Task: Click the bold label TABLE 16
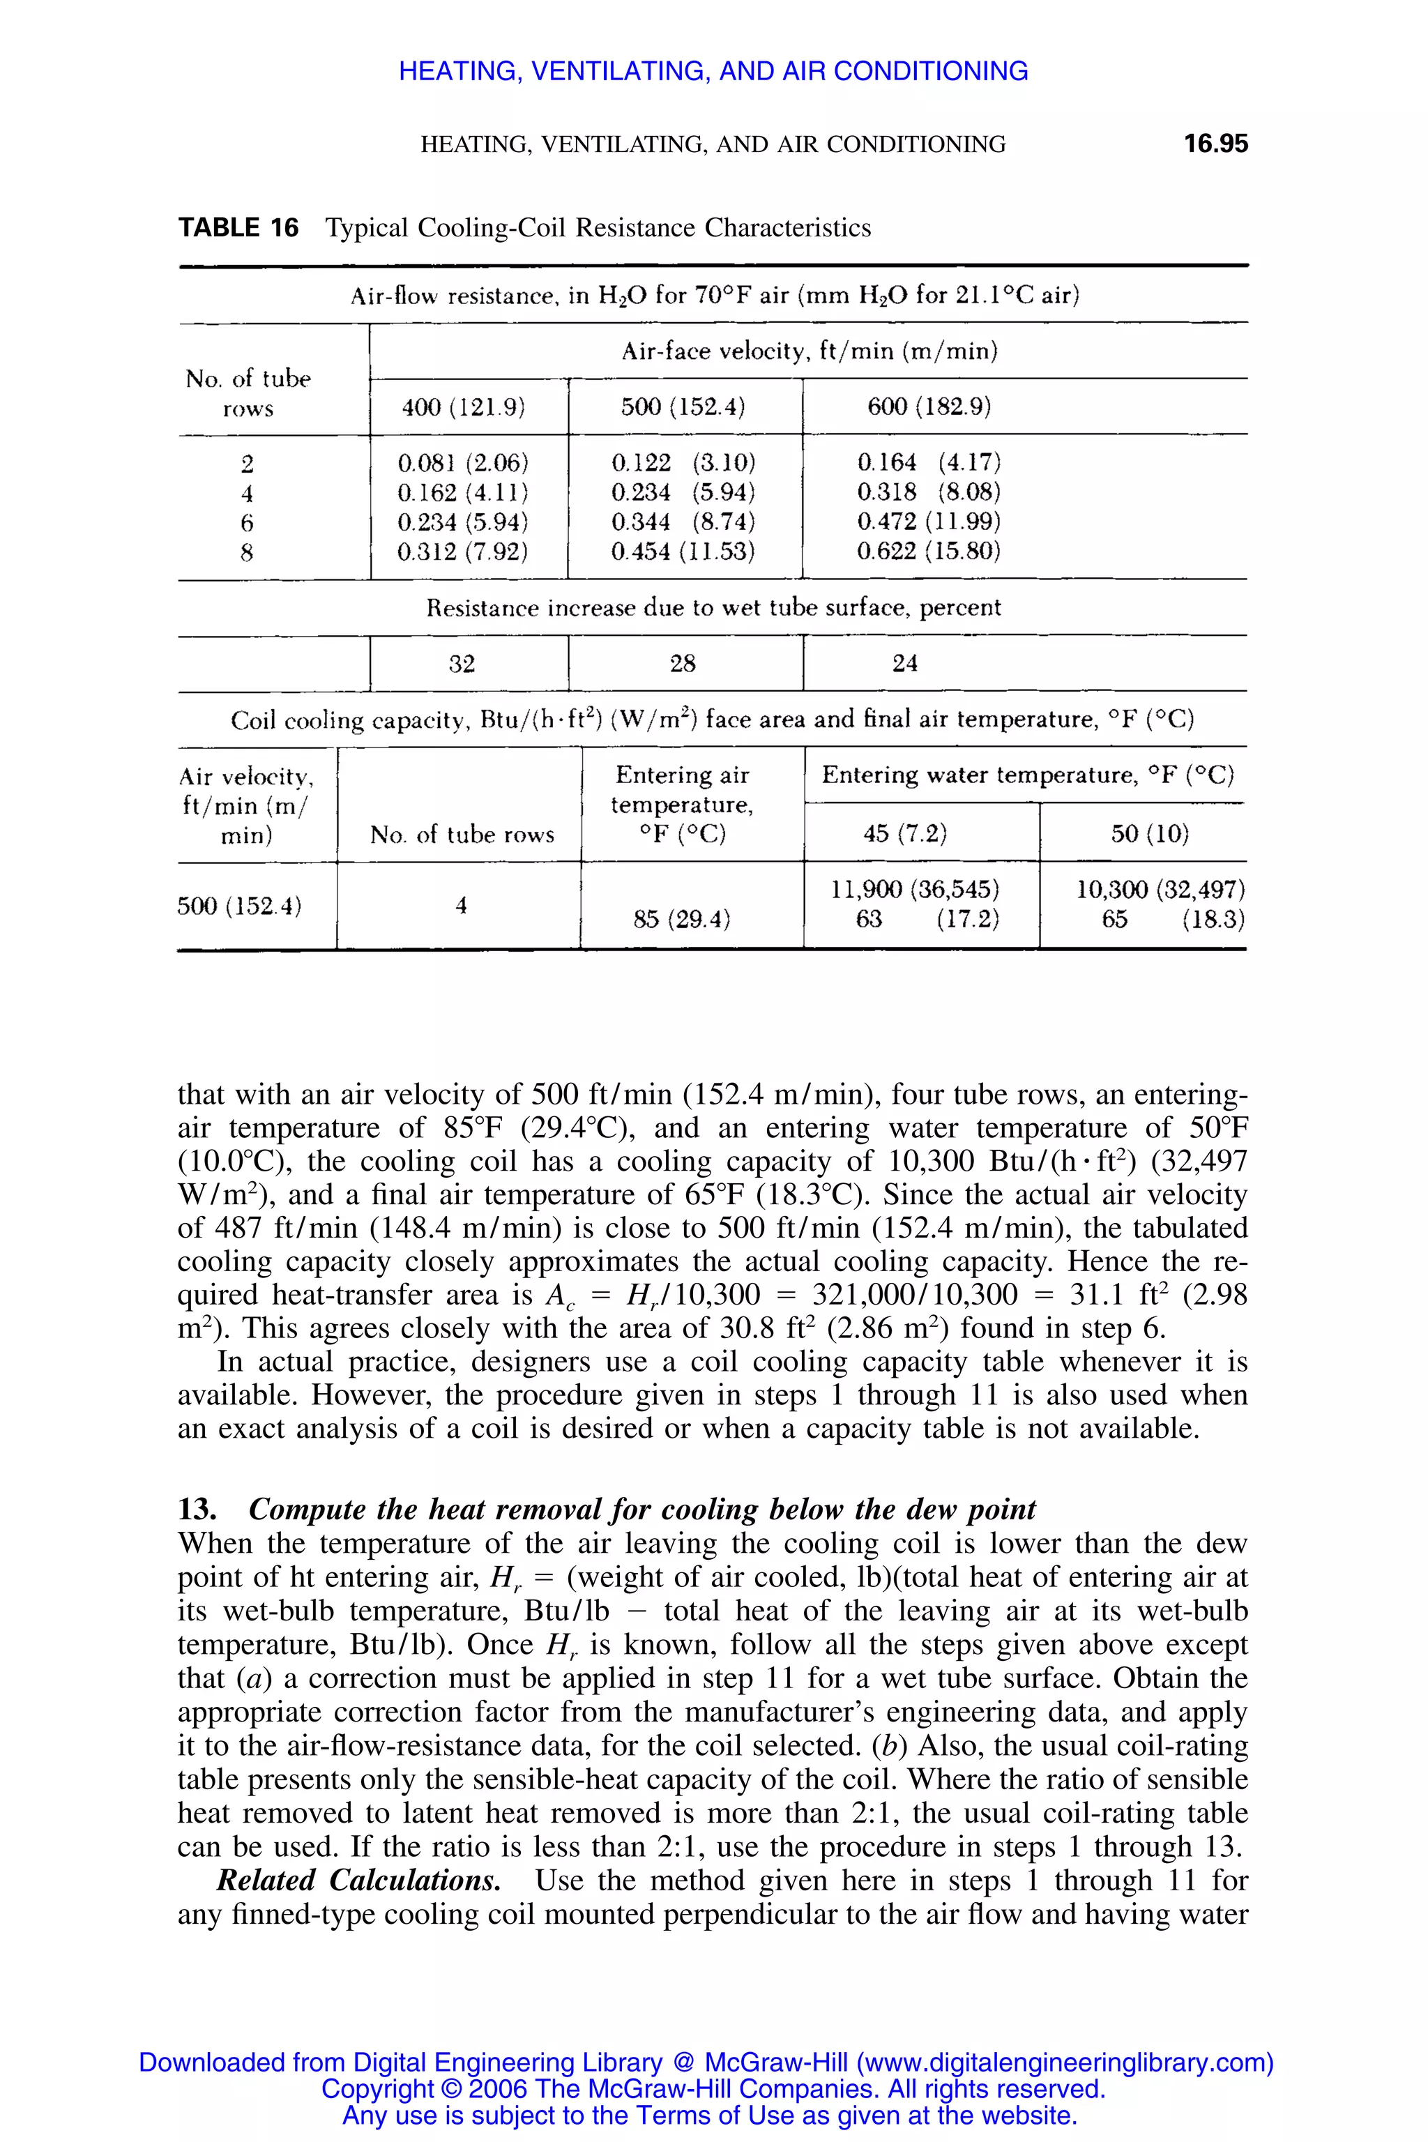(238, 228)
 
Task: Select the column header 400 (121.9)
(464, 407)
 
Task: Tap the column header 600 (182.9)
(928, 407)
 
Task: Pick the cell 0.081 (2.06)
(463, 463)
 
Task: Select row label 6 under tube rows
(247, 523)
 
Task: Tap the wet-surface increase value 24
(904, 663)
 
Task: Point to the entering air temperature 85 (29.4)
(682, 919)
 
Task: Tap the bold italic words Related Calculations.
(358, 1880)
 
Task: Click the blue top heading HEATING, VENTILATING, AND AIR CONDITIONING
(713, 71)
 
